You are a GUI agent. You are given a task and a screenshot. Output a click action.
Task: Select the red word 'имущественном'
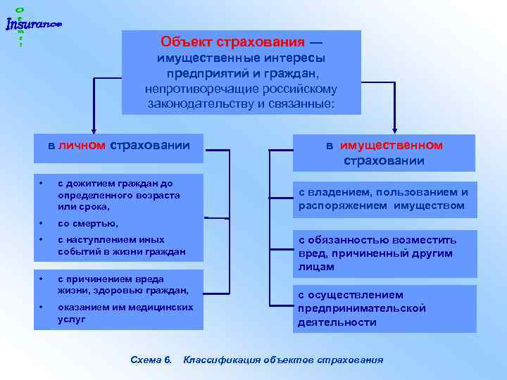coord(392,146)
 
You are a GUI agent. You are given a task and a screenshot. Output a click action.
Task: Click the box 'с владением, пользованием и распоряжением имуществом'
coord(384,199)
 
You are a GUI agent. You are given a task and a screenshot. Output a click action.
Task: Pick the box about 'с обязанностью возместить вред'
coord(384,253)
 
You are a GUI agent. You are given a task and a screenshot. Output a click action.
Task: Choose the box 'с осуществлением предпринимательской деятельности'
coord(384,308)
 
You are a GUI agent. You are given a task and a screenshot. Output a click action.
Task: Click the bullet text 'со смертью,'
coord(87,223)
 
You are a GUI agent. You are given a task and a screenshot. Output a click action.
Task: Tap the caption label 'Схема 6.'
coord(151,360)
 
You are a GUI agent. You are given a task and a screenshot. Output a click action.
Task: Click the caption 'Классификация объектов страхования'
coord(283,360)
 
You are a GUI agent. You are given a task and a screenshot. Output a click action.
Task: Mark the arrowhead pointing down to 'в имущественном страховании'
coord(394,128)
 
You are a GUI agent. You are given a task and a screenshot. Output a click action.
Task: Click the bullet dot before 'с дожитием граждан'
coord(42,184)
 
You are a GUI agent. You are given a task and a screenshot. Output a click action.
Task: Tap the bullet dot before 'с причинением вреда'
coord(42,278)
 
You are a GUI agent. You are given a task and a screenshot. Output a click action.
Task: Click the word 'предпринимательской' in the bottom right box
coord(361,308)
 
